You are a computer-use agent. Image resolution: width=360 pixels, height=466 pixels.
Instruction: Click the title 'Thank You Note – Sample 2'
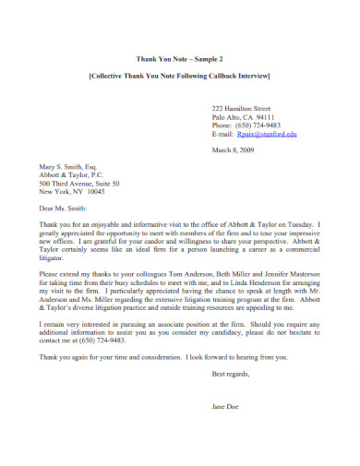(x=179, y=56)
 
